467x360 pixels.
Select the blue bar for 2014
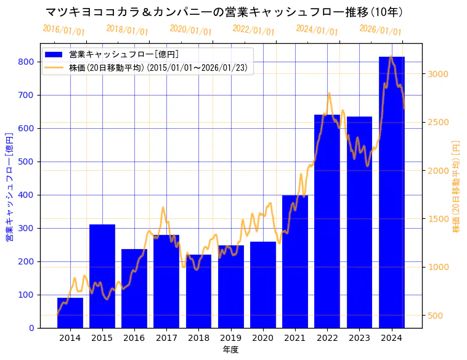click(70, 313)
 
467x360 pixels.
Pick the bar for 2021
click(295, 261)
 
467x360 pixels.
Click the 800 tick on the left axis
click(26, 62)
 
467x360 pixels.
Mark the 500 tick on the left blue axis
click(26, 162)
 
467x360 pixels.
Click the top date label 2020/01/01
click(190, 30)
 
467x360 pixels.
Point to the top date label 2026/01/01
click(380, 30)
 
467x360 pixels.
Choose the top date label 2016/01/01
click(64, 30)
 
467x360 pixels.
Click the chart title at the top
click(224, 12)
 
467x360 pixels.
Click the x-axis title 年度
click(230, 350)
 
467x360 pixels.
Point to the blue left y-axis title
click(9, 186)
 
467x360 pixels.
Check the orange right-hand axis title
click(457, 186)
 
